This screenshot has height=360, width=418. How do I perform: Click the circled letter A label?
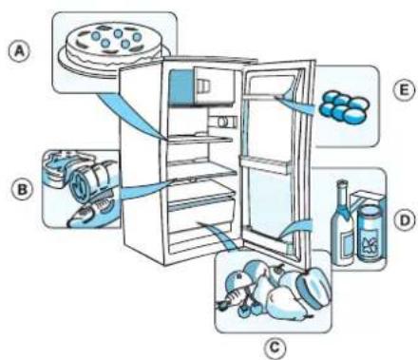(20, 51)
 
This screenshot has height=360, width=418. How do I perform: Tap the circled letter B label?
(22, 190)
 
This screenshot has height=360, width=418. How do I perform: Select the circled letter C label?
(275, 348)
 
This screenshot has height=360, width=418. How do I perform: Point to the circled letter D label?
(405, 219)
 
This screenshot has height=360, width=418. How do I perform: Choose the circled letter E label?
(404, 90)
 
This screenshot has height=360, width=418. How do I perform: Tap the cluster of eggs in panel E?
(344, 107)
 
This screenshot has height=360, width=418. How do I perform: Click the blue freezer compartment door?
(181, 87)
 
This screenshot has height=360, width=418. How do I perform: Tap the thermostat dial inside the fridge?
(223, 122)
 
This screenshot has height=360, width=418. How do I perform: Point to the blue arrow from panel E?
(294, 101)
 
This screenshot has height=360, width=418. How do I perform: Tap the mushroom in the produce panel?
(238, 282)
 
